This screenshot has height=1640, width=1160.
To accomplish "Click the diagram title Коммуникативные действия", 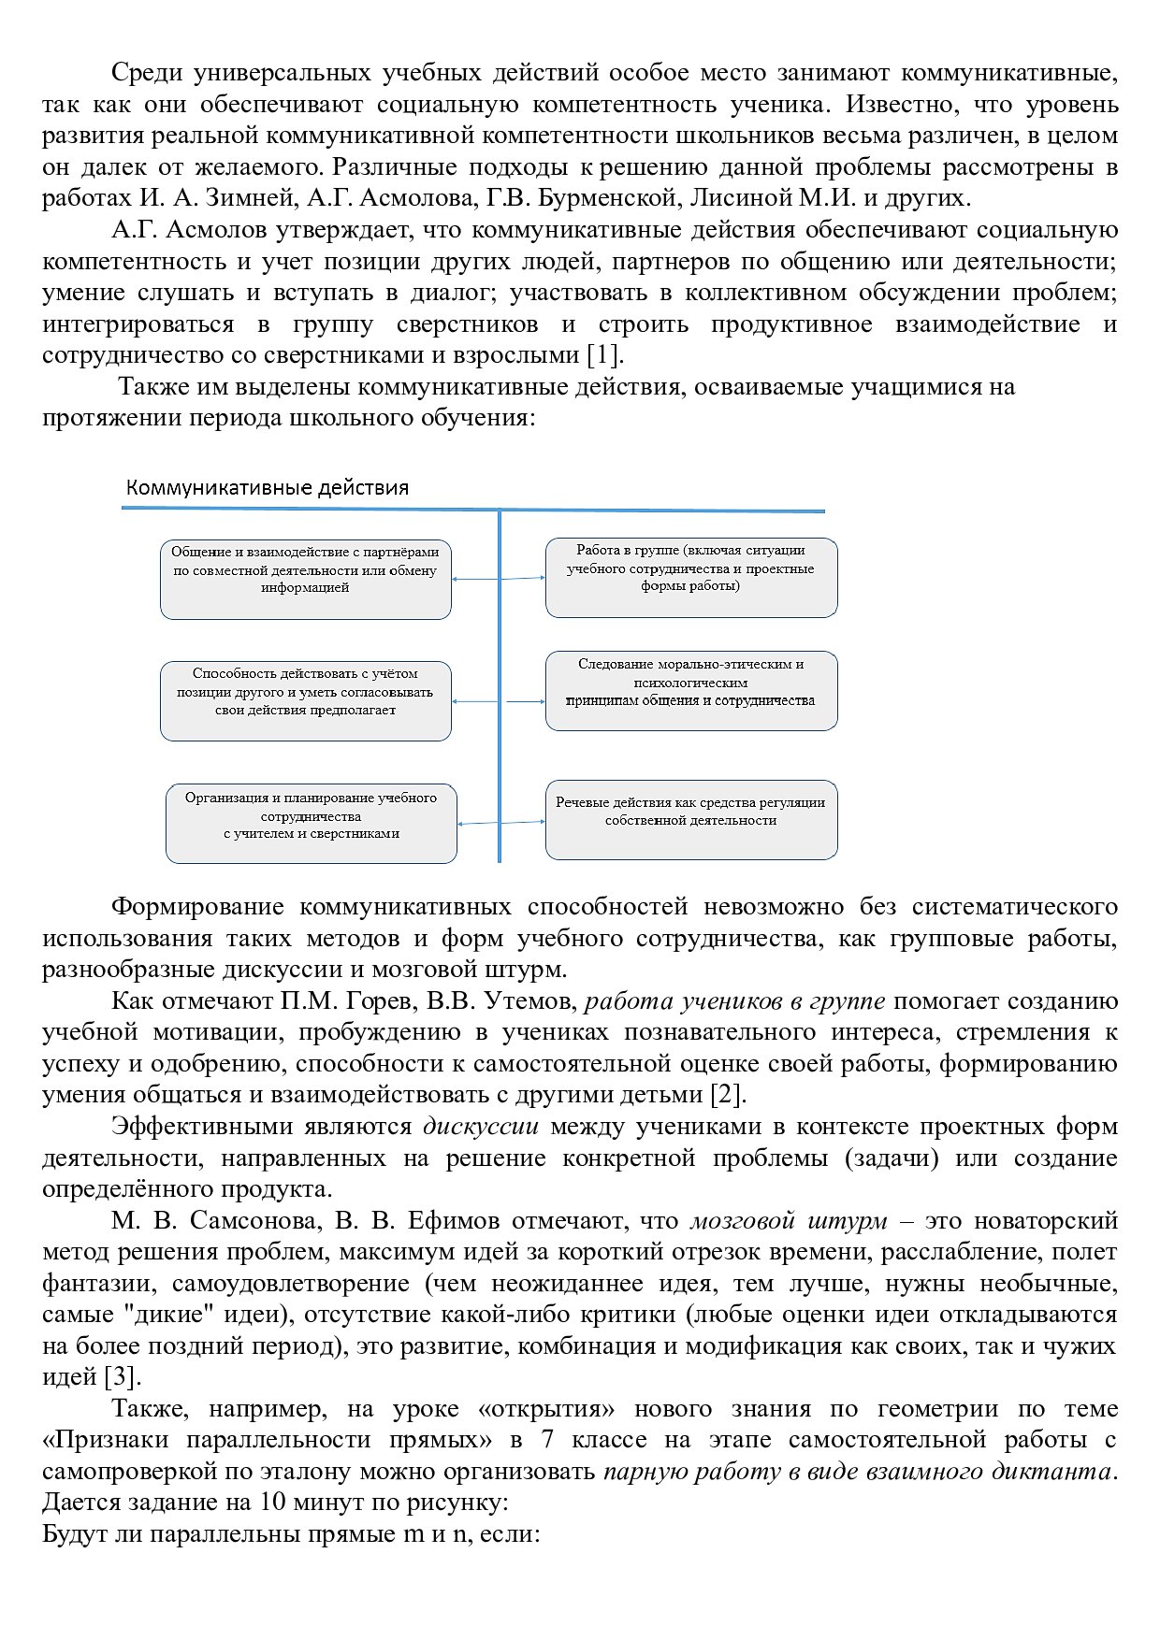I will point(268,488).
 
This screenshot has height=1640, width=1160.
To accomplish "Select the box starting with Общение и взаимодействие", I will point(305,579).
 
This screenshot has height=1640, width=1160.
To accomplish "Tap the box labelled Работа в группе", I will point(690,577).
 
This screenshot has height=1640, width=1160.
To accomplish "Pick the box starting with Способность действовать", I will point(305,700).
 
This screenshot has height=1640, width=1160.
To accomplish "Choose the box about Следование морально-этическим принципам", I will point(690,690).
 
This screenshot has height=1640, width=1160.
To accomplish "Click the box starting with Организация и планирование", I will point(311,823).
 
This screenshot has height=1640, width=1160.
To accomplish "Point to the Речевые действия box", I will point(690,819).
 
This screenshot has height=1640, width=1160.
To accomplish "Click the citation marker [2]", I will point(728,1095).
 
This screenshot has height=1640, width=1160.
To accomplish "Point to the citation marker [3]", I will point(121,1377).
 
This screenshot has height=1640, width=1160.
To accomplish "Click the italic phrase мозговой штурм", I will point(789,1221).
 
